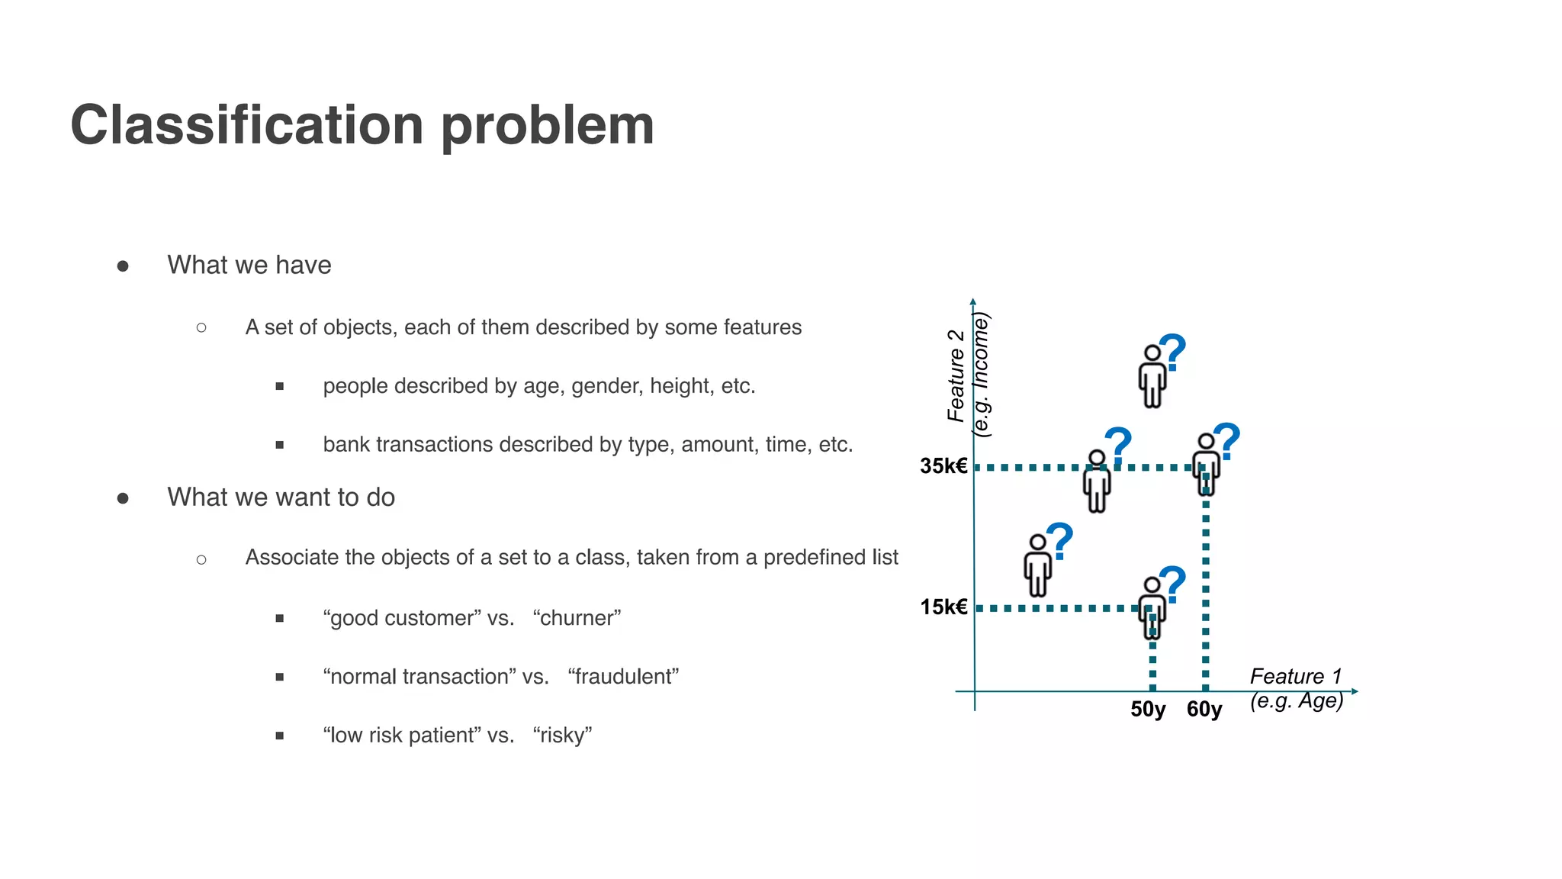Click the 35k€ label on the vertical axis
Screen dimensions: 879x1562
pos(943,466)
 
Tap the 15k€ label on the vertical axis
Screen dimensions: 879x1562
pos(943,607)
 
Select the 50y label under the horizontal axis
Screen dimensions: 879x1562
pos(1148,710)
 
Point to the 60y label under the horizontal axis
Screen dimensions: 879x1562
pos(1204,710)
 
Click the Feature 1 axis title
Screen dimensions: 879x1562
pos(1295,677)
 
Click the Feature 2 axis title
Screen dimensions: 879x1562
pos(956,375)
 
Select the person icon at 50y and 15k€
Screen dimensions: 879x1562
pos(1152,607)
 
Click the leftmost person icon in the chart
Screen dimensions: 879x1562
pos(1037,565)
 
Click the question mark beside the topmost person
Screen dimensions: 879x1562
pos(1173,352)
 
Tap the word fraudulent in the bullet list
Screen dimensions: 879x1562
pos(623,677)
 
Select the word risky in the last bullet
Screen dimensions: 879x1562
pos(563,736)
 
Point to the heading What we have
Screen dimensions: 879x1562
pos(249,265)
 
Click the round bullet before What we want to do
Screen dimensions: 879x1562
pos(123,498)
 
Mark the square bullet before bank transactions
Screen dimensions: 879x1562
pos(280,445)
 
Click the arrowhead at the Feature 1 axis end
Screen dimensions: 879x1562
pos(1355,691)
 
